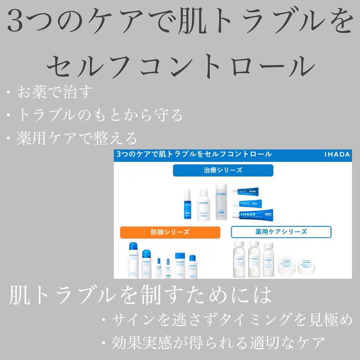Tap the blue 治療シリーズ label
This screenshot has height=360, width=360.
tap(223, 170)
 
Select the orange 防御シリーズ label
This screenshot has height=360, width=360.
tap(170, 232)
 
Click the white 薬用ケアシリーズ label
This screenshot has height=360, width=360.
tap(281, 232)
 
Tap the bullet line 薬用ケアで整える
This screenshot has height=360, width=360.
tap(77, 138)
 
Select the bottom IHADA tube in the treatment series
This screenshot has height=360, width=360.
tap(256, 215)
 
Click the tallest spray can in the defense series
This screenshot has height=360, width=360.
tap(133, 260)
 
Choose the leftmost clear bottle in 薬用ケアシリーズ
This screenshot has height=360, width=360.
tap(239, 259)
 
